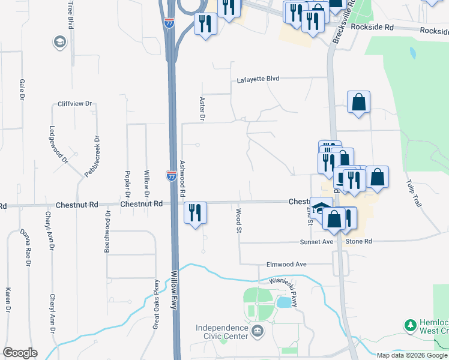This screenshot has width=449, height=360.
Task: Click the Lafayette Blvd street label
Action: click(x=258, y=79)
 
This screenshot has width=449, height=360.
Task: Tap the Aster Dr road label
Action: click(x=202, y=109)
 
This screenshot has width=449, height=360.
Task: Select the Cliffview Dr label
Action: click(x=74, y=104)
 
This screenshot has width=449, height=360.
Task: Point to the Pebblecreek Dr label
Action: click(x=92, y=157)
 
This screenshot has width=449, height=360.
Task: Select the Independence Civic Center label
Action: click(x=221, y=332)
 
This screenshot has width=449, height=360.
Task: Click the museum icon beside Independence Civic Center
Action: click(x=257, y=331)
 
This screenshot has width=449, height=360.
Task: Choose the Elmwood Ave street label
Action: click(x=286, y=264)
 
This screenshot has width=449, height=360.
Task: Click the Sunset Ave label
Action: click(x=316, y=242)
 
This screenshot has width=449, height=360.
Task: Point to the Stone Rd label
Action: click(x=359, y=241)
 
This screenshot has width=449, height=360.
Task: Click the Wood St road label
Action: click(x=238, y=221)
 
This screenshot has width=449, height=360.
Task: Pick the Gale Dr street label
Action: click(x=22, y=89)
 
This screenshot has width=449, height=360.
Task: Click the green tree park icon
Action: click(x=411, y=325)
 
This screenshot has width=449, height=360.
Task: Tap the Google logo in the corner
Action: click(x=20, y=353)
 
